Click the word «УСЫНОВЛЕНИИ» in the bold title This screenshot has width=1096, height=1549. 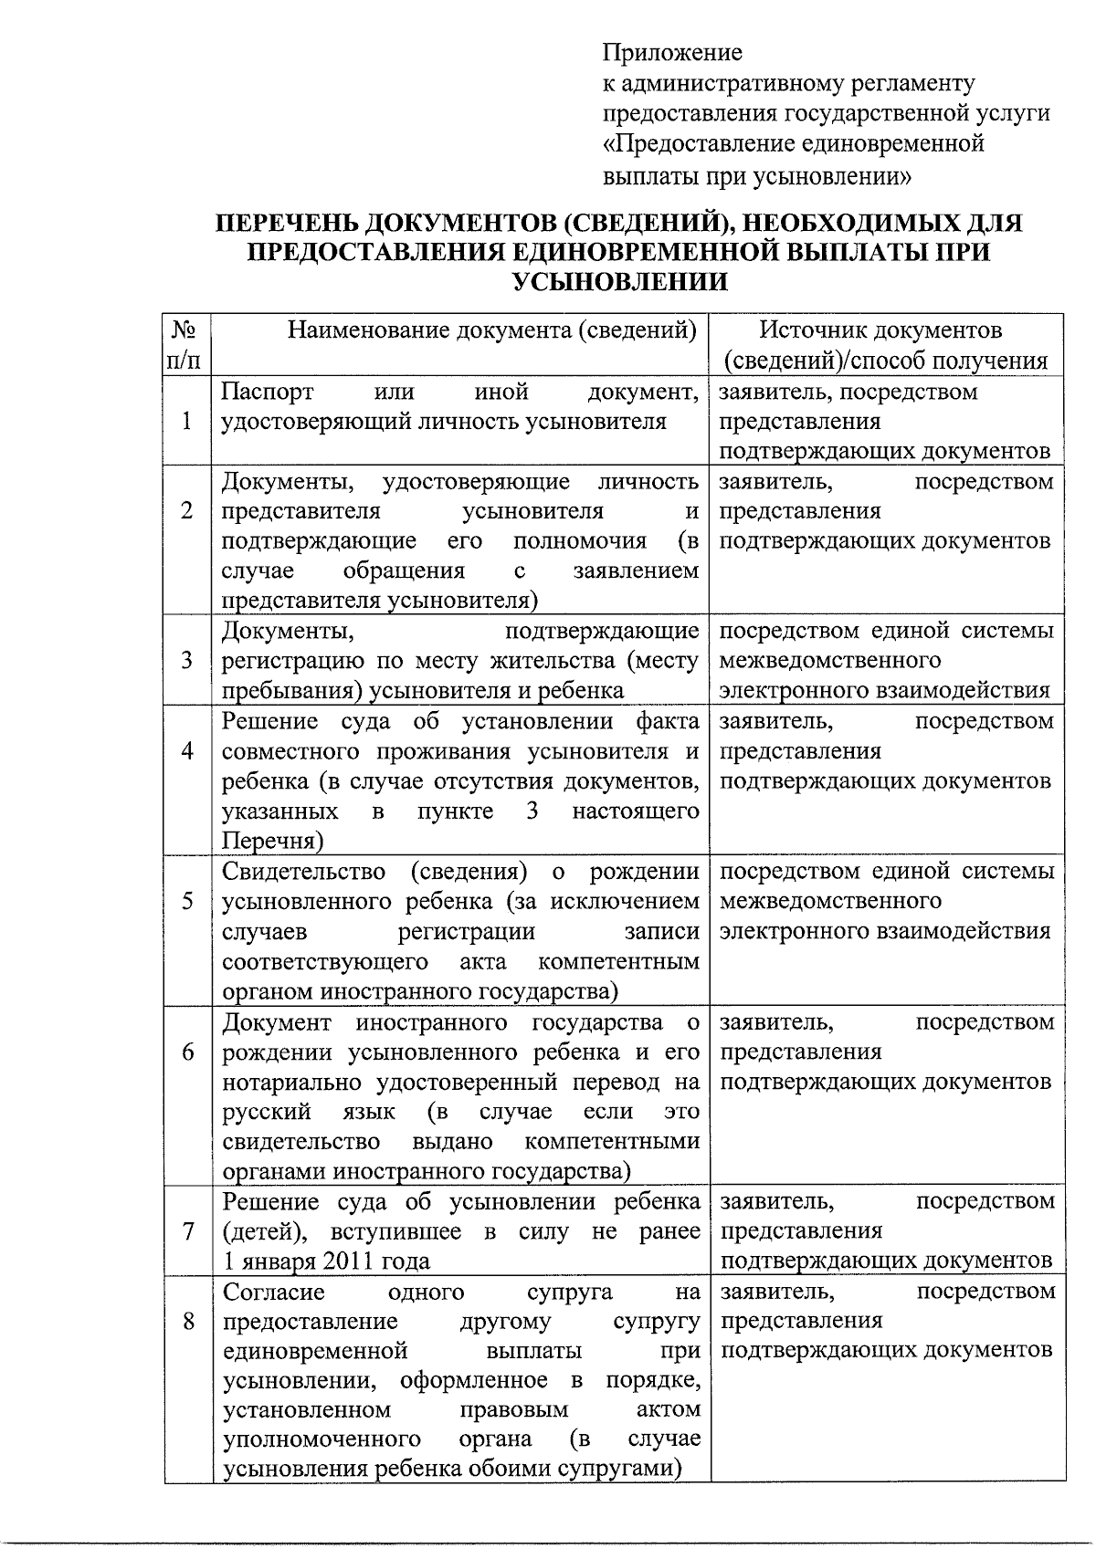click(620, 282)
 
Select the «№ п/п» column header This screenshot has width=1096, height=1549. click(186, 344)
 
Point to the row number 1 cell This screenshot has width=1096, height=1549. click(187, 422)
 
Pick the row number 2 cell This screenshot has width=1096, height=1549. click(187, 511)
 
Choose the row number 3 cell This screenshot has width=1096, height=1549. click(187, 660)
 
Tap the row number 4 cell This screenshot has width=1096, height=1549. click(187, 750)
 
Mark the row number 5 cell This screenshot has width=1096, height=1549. click(187, 901)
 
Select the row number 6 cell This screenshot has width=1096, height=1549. click(187, 1052)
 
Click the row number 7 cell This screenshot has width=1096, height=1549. click(187, 1231)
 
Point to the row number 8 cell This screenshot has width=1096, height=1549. click(187, 1321)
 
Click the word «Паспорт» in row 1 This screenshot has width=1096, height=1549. click(269, 392)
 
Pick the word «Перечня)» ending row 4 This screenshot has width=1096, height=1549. click(272, 841)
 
